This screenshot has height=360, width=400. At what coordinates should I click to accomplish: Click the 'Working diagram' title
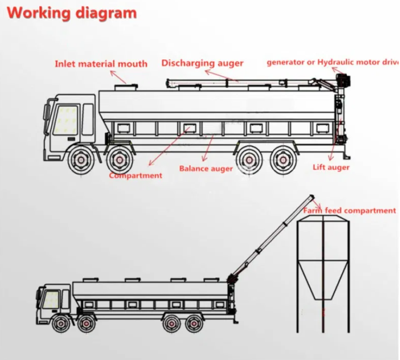[x=72, y=13]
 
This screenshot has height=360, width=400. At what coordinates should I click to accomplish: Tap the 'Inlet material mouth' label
[x=101, y=64]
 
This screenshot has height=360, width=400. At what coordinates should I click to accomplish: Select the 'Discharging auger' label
[x=203, y=63]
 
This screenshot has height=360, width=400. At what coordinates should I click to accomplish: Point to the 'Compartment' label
[x=135, y=176]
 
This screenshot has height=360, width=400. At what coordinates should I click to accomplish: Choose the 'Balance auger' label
[x=206, y=168]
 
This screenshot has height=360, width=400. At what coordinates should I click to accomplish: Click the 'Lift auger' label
[x=331, y=167]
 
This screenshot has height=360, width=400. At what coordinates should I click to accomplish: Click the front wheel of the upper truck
[x=81, y=160]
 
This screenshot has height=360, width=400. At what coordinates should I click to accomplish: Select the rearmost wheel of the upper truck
[x=284, y=160]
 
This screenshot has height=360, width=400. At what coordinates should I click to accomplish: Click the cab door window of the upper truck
[x=65, y=120]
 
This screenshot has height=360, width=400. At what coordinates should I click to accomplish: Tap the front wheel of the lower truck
[x=60, y=324]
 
